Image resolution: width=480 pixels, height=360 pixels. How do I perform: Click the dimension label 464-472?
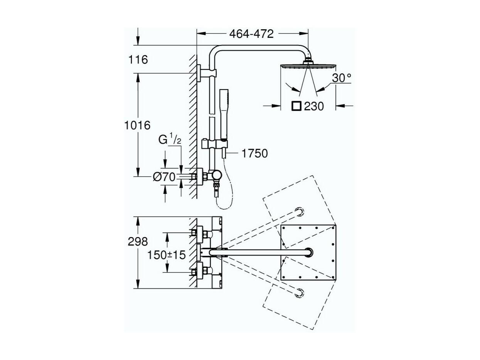point(251,34)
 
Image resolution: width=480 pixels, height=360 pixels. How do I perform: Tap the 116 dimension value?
point(138,59)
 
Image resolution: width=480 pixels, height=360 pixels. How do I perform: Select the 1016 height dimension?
point(137,125)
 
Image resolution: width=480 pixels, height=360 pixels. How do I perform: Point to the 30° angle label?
point(342,78)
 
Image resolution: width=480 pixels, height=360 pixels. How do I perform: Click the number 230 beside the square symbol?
point(314,106)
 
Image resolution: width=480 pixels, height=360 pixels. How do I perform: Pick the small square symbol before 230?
point(296,106)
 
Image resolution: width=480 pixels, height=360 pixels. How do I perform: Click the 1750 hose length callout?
point(254,153)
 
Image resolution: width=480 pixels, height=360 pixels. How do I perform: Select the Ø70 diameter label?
point(164,177)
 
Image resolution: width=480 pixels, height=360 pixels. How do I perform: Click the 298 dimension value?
point(138,242)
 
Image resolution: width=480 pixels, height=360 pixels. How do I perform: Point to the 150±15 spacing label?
point(167,255)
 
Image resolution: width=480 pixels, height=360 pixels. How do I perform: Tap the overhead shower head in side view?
point(308,65)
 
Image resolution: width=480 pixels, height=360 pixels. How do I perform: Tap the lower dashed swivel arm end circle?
point(299,293)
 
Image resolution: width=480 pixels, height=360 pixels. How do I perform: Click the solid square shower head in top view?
point(308,252)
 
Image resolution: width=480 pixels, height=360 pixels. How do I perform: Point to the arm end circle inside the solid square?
point(308,252)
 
